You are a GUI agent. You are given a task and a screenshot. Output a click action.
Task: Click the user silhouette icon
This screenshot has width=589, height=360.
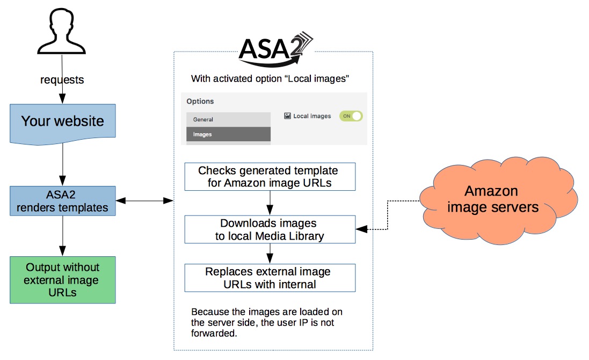tap(63, 33)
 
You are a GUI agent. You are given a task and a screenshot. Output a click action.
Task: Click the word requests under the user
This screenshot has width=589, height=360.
tap(62, 80)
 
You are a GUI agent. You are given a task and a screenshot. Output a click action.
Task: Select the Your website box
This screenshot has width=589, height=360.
tap(62, 121)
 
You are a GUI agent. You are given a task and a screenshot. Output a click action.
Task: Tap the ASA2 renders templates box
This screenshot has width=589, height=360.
tap(62, 200)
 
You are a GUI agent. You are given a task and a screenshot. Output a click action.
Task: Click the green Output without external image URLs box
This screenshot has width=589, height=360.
tap(62, 280)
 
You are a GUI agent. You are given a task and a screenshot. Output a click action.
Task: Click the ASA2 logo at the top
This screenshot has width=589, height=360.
tap(274, 48)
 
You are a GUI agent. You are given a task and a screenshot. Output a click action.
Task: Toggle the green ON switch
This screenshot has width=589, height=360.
tap(351, 116)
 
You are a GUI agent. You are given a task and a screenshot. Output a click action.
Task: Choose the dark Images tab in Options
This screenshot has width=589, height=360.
tap(228, 134)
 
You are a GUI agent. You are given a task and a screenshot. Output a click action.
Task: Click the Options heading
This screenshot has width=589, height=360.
tap(200, 101)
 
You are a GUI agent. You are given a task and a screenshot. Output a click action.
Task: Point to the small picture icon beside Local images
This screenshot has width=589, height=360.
tap(287, 116)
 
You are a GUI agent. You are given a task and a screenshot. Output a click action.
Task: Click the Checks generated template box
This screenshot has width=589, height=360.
tap(270, 177)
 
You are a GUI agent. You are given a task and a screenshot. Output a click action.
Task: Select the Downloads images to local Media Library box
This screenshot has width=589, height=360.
tap(270, 229)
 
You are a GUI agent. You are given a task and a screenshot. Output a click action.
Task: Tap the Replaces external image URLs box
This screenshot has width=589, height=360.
tap(270, 278)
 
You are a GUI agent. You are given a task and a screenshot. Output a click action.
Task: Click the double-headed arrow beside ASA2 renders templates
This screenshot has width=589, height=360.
tap(144, 200)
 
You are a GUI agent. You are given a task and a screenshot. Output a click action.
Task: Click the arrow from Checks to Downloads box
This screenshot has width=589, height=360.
tap(270, 203)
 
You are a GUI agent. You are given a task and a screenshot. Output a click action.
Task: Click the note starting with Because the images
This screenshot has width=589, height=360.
tap(267, 322)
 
